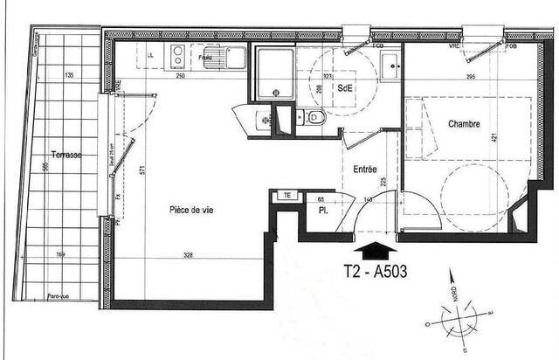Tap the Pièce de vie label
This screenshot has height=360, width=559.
[192, 210]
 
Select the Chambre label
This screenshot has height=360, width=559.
[465, 124]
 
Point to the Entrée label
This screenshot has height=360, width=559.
[365, 169]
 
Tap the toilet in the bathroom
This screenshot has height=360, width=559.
[315, 118]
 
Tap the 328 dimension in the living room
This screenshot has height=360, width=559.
[188, 255]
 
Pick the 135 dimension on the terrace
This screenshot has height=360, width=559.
[68, 75]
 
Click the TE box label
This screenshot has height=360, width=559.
[285, 195]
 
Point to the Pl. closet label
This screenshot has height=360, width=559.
[322, 212]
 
